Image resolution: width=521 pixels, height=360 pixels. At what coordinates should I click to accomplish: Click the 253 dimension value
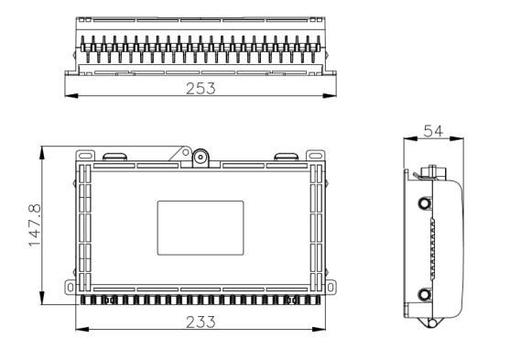[x=201, y=89]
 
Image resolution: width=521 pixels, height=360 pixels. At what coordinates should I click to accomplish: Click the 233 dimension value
[x=201, y=322]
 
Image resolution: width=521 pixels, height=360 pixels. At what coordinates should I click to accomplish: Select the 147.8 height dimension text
[x=35, y=225]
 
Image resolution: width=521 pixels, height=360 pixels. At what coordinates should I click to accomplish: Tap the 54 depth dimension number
[x=433, y=131]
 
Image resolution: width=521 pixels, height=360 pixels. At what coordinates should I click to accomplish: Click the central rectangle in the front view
[x=201, y=228]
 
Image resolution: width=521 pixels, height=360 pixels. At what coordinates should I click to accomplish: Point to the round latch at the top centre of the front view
[x=201, y=157]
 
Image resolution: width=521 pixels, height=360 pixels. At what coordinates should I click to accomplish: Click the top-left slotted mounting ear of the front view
[x=85, y=156]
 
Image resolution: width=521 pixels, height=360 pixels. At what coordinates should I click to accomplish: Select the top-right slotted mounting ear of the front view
[x=315, y=156]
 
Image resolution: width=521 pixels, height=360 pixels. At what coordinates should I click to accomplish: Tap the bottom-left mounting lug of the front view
[x=71, y=287]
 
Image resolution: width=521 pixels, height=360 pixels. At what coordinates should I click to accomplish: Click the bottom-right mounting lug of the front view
[x=331, y=287]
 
